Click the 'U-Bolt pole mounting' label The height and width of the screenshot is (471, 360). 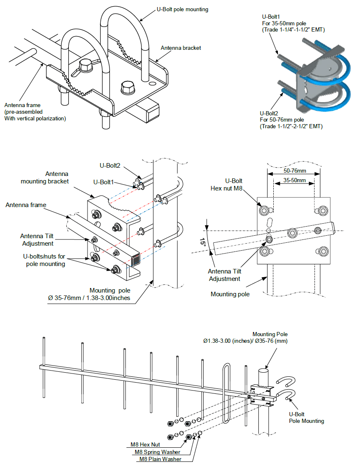pyautogui.click(x=182, y=9)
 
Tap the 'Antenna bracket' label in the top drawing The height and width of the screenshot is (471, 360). pyautogui.click(x=181, y=48)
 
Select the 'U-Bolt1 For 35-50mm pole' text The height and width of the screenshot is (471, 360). pyautogui.click(x=284, y=20)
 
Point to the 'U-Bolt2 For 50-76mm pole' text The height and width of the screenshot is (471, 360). pyautogui.click(x=282, y=117)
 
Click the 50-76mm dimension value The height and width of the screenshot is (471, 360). pyautogui.click(x=295, y=171)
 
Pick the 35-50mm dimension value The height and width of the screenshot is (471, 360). pyautogui.click(x=294, y=180)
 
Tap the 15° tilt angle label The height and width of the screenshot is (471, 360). pyautogui.click(x=203, y=242)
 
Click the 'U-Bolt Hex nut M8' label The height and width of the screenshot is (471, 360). pyautogui.click(x=226, y=184)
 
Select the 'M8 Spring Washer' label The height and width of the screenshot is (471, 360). pyautogui.click(x=157, y=452)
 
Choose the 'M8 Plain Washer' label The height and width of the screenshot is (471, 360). pyautogui.click(x=161, y=459)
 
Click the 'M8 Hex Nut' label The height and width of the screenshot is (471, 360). pyautogui.click(x=145, y=444)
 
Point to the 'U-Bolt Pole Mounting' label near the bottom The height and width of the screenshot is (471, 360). pyautogui.click(x=306, y=417)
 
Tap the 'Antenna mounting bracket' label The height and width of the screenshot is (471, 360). pyautogui.click(x=45, y=178)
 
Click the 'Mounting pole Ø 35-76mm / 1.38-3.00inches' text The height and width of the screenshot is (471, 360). pyautogui.click(x=89, y=294)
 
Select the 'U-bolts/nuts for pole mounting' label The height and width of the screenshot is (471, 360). pyautogui.click(x=44, y=260)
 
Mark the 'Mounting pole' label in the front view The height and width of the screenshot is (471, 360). pyautogui.click(x=230, y=294)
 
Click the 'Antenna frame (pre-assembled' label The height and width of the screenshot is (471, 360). pyautogui.click(x=23, y=108)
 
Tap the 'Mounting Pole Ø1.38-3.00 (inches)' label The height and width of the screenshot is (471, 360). pyautogui.click(x=245, y=337)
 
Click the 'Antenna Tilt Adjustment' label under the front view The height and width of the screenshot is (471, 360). pyautogui.click(x=225, y=275)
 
